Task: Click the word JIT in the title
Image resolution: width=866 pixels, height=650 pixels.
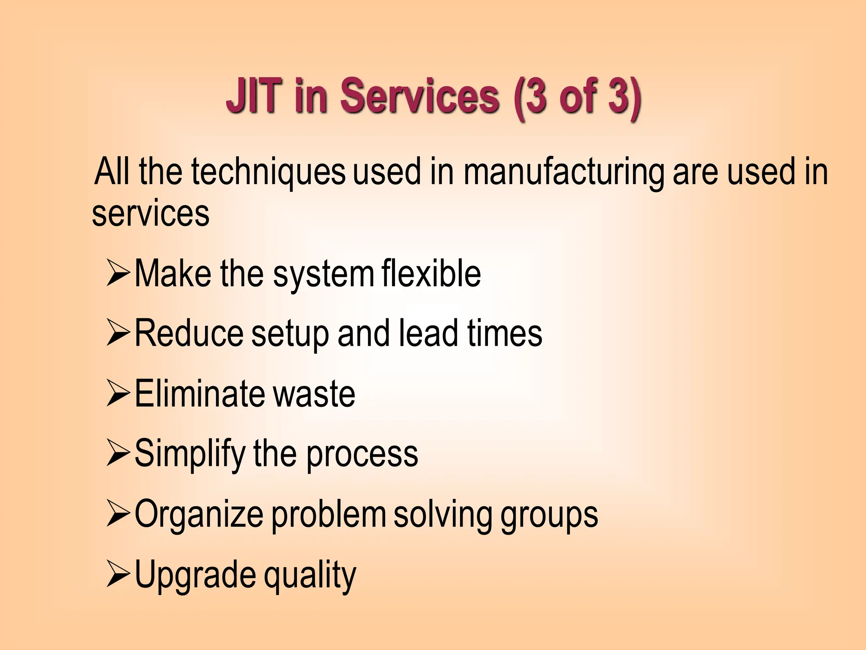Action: (254, 96)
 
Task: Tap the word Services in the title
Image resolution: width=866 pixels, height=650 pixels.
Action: (419, 96)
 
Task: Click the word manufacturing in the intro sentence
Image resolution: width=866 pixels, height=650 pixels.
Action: (564, 172)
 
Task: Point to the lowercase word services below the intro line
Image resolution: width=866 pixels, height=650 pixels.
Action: (151, 214)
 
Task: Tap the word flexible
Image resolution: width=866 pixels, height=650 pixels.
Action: (431, 274)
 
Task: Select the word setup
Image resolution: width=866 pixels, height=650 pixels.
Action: (290, 334)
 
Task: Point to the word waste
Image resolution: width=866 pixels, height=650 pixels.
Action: (314, 394)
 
